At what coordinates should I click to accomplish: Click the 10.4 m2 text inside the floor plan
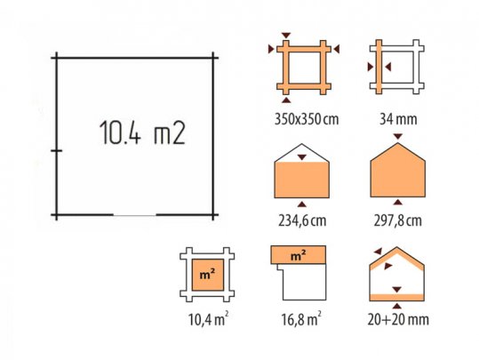pyautogui.click(x=142, y=132)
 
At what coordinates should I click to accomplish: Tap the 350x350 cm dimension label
pyautogui.click(x=307, y=119)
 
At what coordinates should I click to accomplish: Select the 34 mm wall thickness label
pyautogui.click(x=398, y=119)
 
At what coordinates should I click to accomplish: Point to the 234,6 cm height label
pyautogui.click(x=302, y=220)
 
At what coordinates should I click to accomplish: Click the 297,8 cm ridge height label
pyautogui.click(x=398, y=220)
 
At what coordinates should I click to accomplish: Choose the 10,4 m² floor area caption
pyautogui.click(x=208, y=319)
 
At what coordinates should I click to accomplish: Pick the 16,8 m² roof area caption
pyautogui.click(x=301, y=319)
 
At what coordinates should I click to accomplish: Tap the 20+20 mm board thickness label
pyautogui.click(x=398, y=320)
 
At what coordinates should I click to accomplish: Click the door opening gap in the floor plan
pyautogui.click(x=135, y=215)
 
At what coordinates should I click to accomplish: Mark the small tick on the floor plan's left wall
pyautogui.click(x=57, y=150)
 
